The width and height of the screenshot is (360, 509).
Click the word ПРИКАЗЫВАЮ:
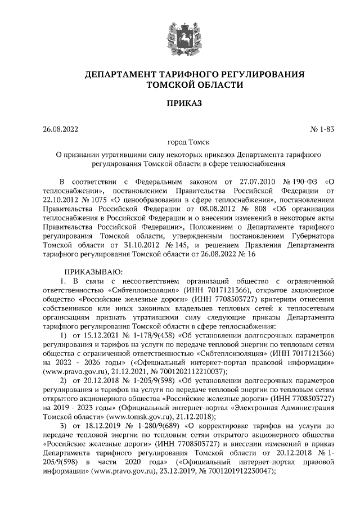click(x=89, y=272)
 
